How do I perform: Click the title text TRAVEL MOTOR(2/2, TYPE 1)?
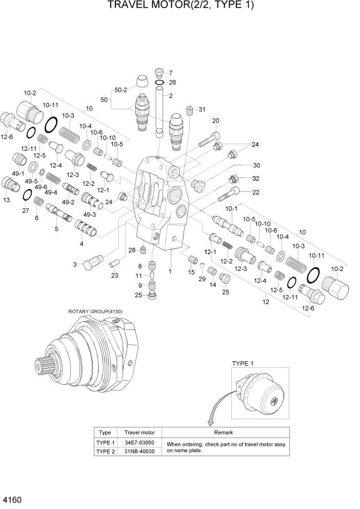[x=181, y=6]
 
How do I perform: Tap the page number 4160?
[x=12, y=499]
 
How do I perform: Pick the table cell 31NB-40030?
[x=139, y=451]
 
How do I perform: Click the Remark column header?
[x=223, y=433]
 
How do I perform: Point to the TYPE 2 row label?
[x=105, y=451]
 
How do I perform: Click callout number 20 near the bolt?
[x=215, y=121]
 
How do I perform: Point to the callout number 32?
[x=256, y=178]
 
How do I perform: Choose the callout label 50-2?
[x=121, y=90]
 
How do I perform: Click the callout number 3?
[x=74, y=264]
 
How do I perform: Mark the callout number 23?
[x=114, y=276]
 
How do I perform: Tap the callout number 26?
[x=172, y=82]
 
